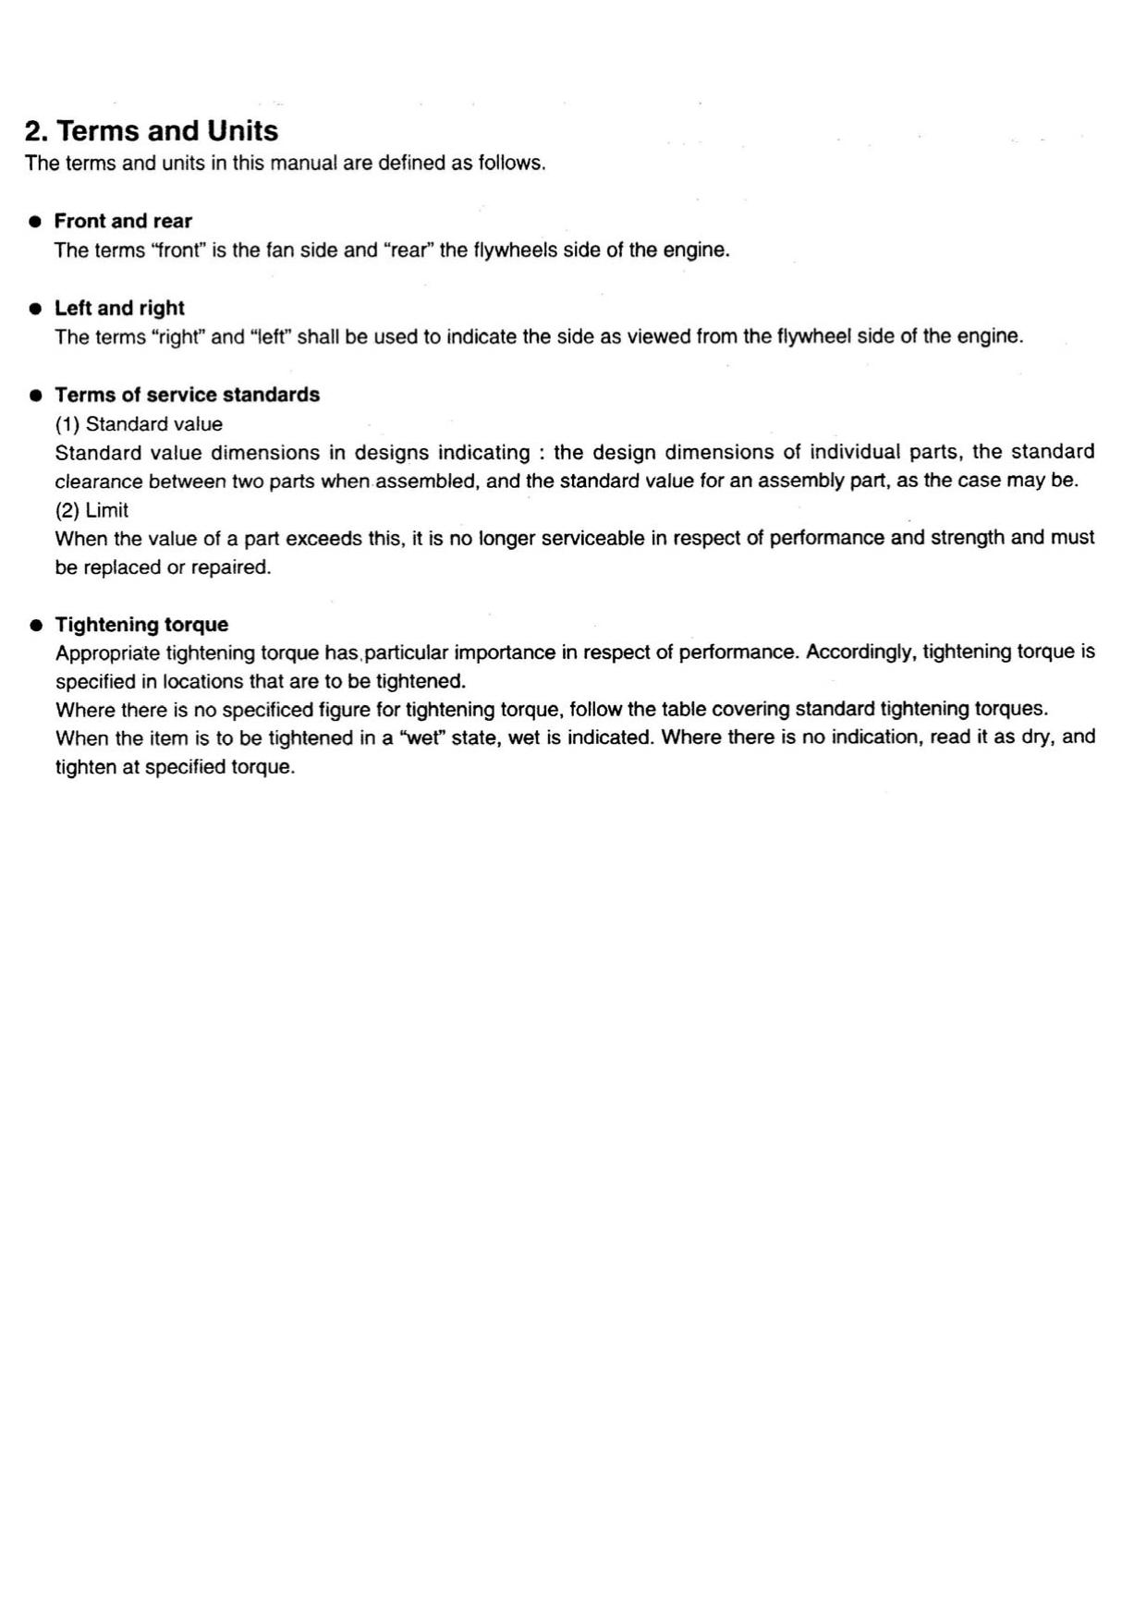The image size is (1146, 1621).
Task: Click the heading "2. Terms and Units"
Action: coord(151,131)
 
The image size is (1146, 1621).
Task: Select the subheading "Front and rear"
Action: coord(123,221)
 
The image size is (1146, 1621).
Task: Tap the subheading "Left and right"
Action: coord(119,308)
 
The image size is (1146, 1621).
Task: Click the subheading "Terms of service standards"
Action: coord(187,395)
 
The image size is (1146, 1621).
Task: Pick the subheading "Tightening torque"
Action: coord(141,625)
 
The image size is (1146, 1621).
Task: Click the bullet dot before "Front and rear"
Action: coord(35,222)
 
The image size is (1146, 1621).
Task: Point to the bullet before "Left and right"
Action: coord(35,309)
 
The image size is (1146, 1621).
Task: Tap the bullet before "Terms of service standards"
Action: coord(35,396)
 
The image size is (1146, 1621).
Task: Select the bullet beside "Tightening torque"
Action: coord(35,626)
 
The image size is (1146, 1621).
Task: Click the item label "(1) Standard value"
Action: coord(139,424)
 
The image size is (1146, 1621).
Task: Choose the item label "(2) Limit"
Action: coord(91,510)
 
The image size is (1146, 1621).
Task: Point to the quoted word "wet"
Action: coord(417,737)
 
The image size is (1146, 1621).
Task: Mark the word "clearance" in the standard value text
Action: coord(98,481)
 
